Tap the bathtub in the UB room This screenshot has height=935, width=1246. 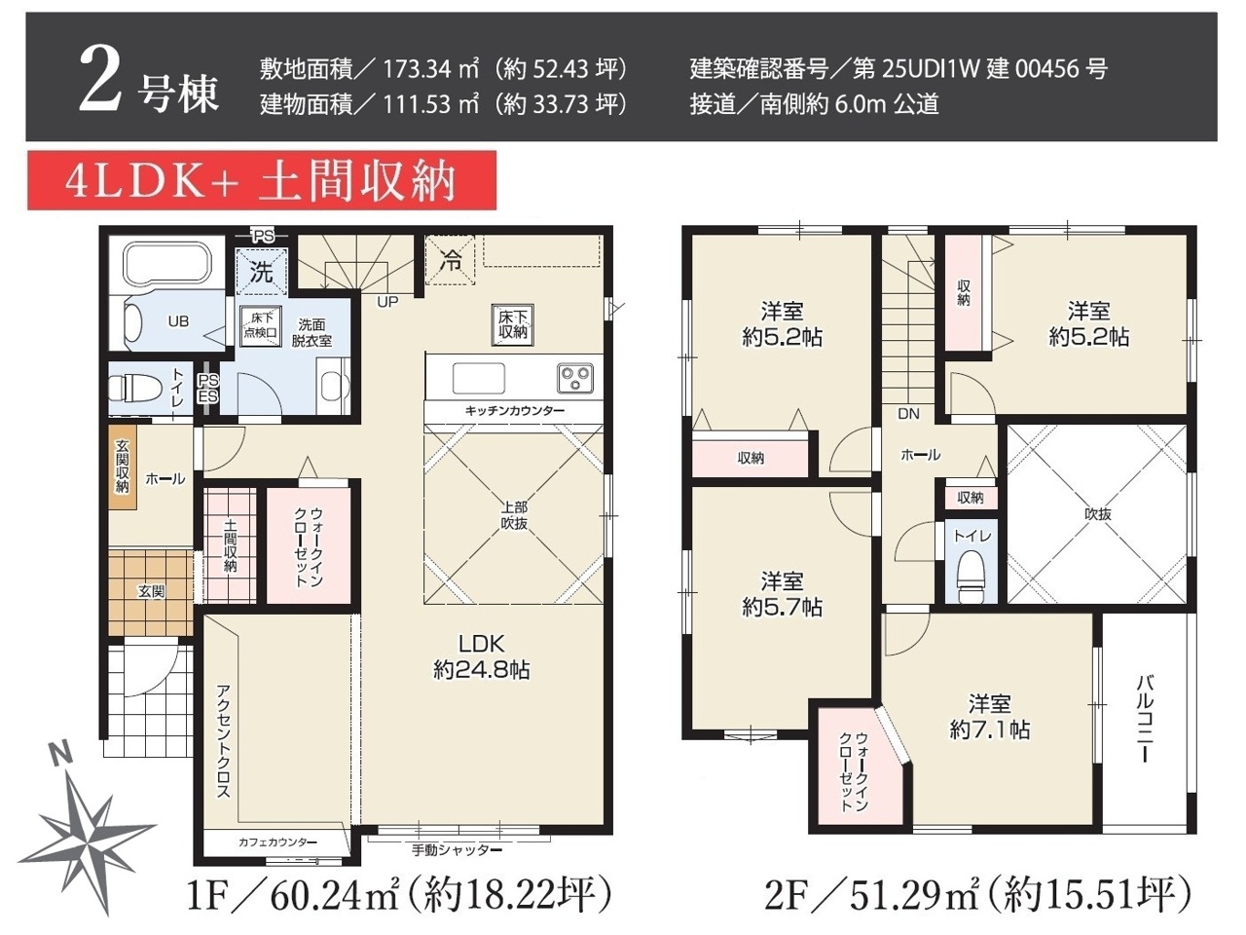[x=168, y=265]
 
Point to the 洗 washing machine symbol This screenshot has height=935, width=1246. [x=262, y=272]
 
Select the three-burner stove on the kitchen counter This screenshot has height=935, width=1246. [x=575, y=377]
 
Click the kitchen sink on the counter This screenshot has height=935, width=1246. [x=478, y=378]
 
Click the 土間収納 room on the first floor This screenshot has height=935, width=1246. [x=230, y=545]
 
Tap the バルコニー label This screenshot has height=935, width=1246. [x=1146, y=718]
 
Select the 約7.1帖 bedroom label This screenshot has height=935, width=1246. [x=989, y=717]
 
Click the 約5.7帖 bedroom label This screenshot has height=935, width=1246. [x=782, y=594]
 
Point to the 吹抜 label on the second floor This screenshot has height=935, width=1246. [x=1097, y=514]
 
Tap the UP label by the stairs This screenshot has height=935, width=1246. [x=387, y=302]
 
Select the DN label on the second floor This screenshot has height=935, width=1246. [x=908, y=414]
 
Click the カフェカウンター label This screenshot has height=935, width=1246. [x=277, y=841]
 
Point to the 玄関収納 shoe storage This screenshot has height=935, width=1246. [x=122, y=467]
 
